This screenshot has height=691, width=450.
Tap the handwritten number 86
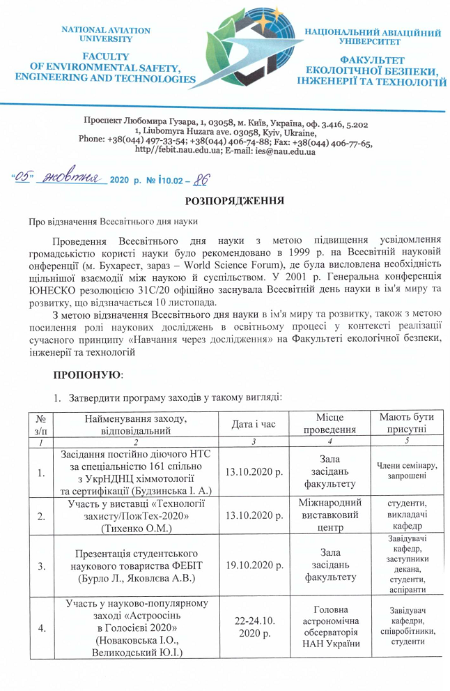pyautogui.click(x=201, y=179)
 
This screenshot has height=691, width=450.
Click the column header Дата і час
pyautogui.click(x=251, y=423)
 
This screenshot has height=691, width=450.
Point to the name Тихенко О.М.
pyautogui.click(x=133, y=528)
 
